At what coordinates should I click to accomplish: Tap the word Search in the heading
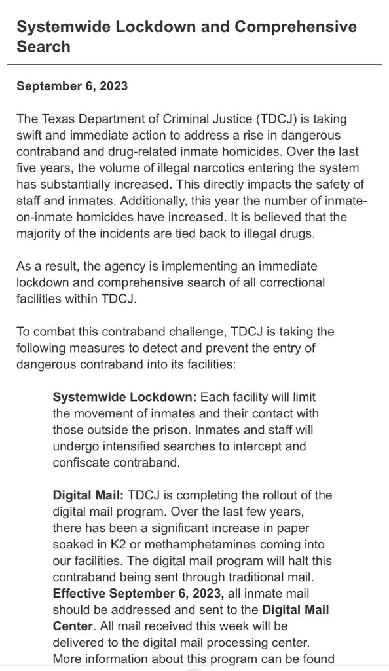[x=43, y=47]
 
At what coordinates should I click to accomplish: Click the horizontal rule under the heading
[x=194, y=64]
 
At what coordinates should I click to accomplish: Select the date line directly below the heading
[x=72, y=86]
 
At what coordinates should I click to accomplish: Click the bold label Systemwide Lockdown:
[x=124, y=398]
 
